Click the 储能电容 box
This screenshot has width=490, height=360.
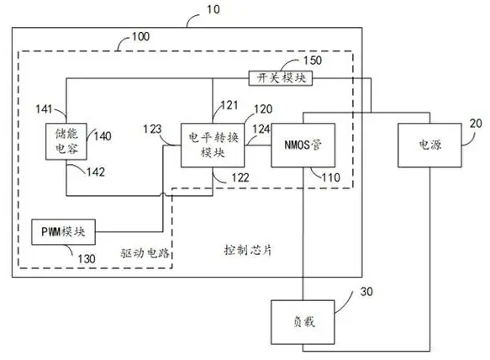66,141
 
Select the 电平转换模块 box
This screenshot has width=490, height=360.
213,146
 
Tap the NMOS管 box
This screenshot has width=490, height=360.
303,146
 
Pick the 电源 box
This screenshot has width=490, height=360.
429,146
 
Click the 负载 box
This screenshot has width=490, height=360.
303,322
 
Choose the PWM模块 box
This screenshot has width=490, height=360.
63,232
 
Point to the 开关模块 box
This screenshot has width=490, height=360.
281,78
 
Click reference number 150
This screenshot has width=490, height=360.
313,61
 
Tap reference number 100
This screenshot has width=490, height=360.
140,37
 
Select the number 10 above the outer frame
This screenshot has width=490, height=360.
213,9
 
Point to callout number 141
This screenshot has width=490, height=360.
44,109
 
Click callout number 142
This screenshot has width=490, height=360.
96,172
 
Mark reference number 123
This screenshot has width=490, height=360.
152,129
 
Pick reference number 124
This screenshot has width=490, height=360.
261,129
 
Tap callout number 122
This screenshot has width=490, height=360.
240,177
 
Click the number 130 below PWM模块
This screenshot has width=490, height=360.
87,259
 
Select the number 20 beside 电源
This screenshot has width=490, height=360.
476,124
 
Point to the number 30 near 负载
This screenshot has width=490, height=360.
366,292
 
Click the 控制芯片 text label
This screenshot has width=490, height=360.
248,250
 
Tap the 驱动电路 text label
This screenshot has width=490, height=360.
145,252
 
